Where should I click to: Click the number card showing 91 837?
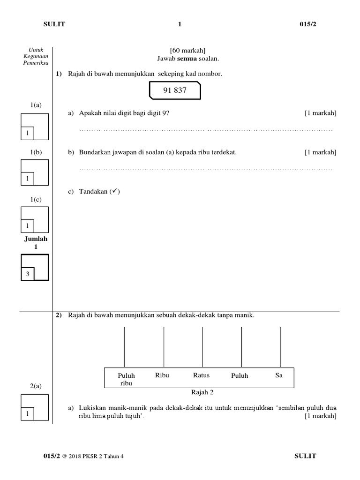(175, 90)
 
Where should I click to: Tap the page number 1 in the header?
(180, 24)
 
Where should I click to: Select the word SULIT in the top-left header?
(55, 24)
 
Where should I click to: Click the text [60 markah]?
(187, 50)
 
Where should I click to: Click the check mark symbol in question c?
(114, 192)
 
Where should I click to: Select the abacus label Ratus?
(201, 375)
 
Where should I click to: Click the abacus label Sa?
(279, 375)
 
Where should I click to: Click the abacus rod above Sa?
(280, 347)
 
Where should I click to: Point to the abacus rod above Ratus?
(202, 347)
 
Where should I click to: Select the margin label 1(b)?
(36, 152)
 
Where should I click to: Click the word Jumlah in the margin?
(36, 239)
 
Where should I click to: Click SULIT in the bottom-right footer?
(305, 456)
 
